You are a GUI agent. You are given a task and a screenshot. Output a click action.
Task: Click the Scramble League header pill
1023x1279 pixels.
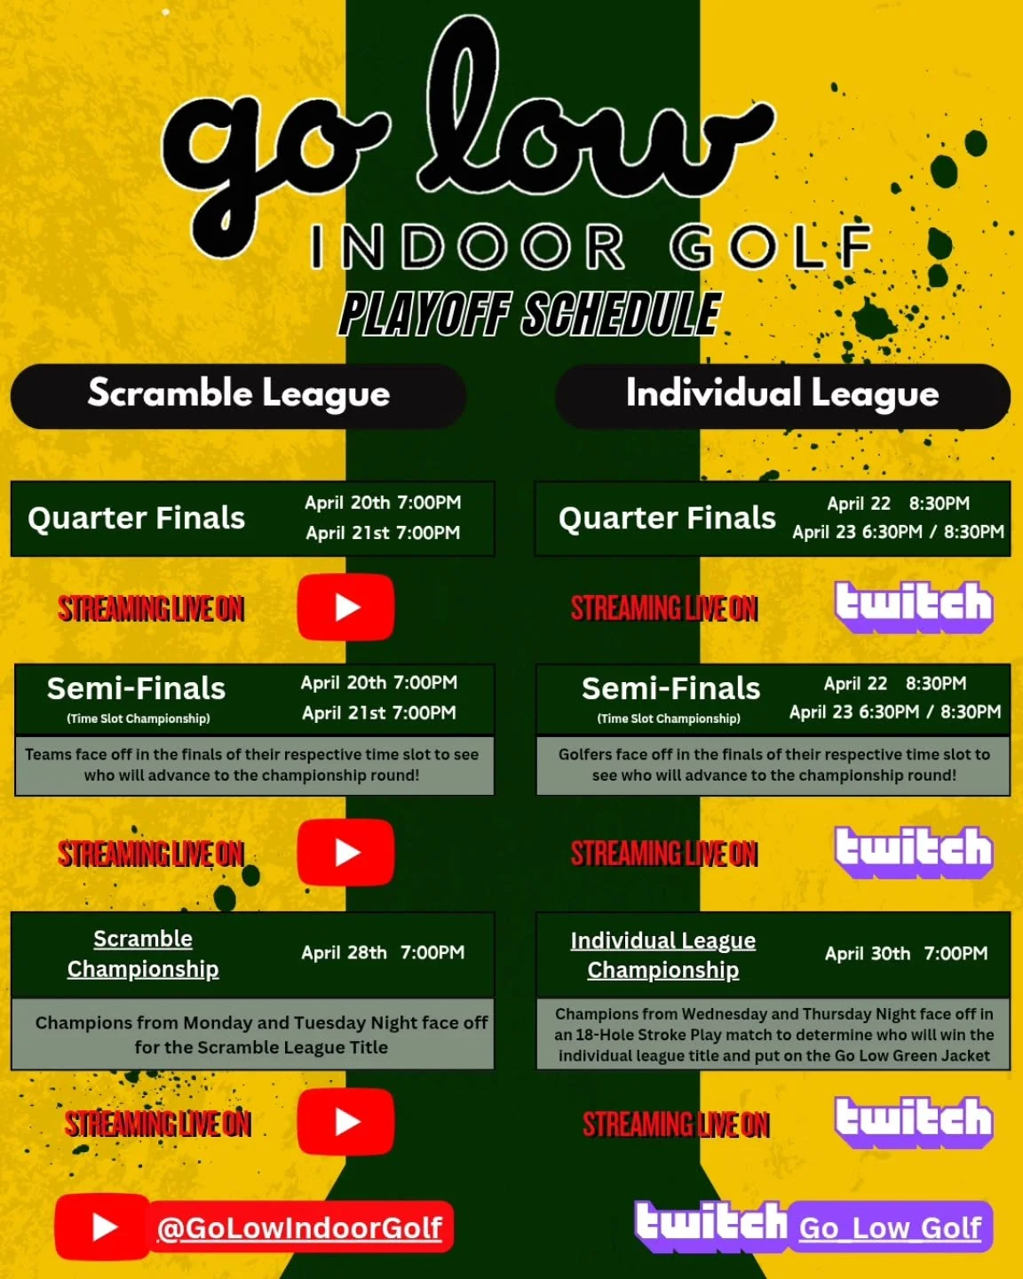click(238, 394)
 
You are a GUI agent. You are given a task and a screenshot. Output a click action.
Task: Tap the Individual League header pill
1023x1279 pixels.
click(781, 394)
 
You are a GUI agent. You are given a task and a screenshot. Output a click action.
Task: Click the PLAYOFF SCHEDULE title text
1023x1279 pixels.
click(529, 314)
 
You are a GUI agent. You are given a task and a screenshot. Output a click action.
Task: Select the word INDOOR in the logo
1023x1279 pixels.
click(468, 247)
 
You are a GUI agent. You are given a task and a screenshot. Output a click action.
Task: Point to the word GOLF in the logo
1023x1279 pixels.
click(771, 247)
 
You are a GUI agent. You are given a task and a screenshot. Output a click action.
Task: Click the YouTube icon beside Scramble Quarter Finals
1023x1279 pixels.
click(346, 608)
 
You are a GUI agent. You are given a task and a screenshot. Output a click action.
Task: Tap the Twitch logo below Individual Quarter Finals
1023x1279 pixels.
click(913, 606)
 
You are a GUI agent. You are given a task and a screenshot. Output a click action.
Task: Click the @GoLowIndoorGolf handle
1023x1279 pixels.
click(299, 1227)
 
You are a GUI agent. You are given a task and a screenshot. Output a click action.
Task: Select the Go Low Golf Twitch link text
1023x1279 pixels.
click(890, 1227)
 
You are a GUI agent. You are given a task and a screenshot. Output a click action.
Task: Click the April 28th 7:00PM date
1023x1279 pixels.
click(383, 953)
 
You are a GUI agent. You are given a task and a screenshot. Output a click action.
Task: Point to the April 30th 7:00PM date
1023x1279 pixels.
click(906, 954)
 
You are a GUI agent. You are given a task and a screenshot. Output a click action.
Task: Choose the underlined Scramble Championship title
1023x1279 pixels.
click(143, 954)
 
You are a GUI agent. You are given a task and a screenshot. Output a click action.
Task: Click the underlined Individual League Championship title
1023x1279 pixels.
click(662, 955)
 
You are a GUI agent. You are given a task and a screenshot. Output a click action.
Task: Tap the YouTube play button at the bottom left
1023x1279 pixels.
click(103, 1227)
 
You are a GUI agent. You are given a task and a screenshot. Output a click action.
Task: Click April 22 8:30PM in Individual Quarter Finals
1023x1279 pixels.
click(898, 504)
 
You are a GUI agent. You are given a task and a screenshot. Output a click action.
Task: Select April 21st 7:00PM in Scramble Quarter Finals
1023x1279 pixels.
click(383, 533)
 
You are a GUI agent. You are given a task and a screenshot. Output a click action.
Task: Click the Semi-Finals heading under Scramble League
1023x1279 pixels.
click(136, 688)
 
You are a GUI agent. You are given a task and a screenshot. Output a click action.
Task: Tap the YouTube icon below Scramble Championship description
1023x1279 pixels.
click(346, 1122)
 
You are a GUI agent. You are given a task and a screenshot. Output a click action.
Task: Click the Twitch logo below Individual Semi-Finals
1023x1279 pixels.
click(913, 851)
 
